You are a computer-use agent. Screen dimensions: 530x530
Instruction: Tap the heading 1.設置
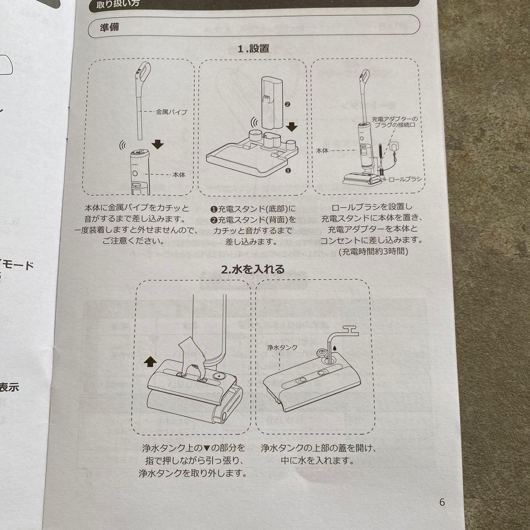pyautogui.click(x=253, y=49)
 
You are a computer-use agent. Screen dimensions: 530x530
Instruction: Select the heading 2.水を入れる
pyautogui.click(x=252, y=269)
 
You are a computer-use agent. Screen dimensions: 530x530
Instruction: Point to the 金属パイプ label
pyautogui.click(x=171, y=112)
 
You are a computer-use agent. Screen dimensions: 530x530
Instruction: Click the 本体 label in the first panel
pyautogui.click(x=179, y=174)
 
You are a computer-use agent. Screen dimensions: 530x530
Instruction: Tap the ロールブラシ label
pyautogui.click(x=404, y=180)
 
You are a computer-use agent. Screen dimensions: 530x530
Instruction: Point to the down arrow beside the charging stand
pyautogui.click(x=292, y=127)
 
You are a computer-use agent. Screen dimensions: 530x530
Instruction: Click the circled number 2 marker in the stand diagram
pyautogui.click(x=288, y=104)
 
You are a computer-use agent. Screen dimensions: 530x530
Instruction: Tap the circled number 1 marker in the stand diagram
pyautogui.click(x=288, y=171)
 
